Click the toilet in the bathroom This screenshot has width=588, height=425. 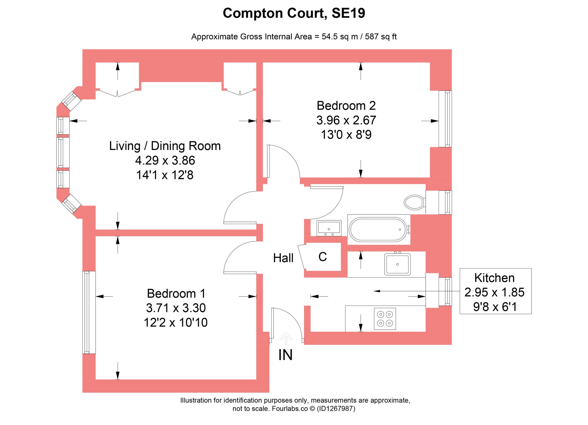click(414, 202)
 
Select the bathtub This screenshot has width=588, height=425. click(378, 229)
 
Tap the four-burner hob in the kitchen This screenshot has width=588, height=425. click(385, 319)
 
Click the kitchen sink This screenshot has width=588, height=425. click(397, 264)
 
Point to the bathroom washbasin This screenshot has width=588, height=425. click(329, 228)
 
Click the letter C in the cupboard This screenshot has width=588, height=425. click(323, 257)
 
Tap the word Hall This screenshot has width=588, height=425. click(283, 258)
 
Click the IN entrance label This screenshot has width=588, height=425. click(285, 355)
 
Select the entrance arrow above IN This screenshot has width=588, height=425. click(286, 338)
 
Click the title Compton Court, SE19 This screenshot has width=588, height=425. click(294, 13)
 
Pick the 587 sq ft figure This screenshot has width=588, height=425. click(381, 37)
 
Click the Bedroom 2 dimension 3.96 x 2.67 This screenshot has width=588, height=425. click(346, 120)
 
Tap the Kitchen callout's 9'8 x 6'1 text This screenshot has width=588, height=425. click(495, 307)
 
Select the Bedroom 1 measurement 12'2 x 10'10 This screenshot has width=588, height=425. click(176, 323)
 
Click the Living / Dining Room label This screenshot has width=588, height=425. click(165, 146)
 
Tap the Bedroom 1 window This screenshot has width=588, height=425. click(88, 312)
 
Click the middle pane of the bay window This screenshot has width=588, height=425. click(63, 152)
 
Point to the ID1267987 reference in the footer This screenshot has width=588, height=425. click(336, 409)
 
